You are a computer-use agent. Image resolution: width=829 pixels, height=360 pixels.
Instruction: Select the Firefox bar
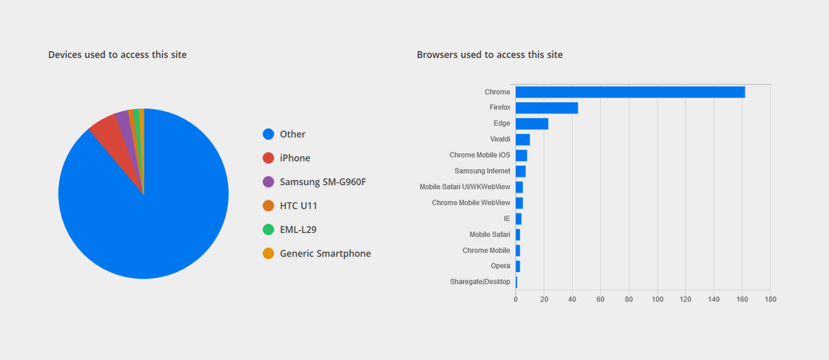coord(546,108)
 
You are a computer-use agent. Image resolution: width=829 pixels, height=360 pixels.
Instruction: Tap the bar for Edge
coord(531,124)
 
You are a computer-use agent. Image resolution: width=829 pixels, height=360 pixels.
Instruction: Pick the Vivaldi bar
coord(522,140)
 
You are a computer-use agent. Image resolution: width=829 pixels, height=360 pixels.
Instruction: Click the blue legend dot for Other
coord(269,134)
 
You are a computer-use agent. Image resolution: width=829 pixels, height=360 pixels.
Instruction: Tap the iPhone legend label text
coord(295,158)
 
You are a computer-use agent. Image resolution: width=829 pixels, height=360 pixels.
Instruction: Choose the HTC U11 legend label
coord(298,206)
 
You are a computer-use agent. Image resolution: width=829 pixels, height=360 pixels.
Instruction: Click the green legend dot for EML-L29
coord(269,229)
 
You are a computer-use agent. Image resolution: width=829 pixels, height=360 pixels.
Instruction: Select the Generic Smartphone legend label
coord(325,254)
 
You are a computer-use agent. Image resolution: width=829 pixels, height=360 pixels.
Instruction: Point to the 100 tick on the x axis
coord(657,299)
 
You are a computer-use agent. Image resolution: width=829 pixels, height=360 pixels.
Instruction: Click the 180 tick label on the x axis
coord(770,299)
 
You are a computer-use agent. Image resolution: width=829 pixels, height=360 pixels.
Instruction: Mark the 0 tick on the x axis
coord(515,299)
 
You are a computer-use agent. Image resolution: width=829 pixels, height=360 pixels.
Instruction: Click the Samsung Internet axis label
coord(482,171)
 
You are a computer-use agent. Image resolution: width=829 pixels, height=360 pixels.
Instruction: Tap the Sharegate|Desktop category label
coord(479,282)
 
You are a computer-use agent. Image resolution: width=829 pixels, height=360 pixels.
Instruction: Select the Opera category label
coord(501,266)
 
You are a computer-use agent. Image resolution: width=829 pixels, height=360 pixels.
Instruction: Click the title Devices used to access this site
coord(117,55)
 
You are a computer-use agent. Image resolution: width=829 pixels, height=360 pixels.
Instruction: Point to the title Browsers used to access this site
coord(490,55)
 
